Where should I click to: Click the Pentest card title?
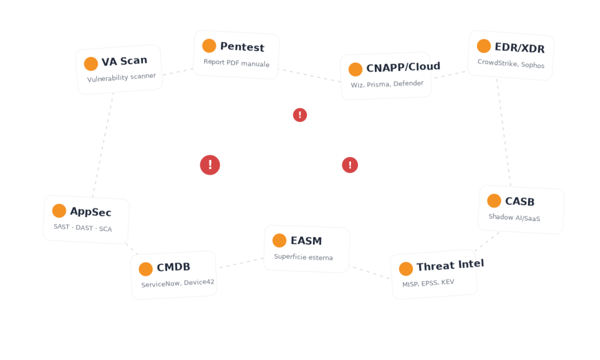[x=242, y=47]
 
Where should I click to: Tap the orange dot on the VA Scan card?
[x=91, y=63]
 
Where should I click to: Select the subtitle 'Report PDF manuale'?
[x=237, y=63]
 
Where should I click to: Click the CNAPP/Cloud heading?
[x=403, y=67]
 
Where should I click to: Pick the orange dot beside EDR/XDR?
[x=483, y=46]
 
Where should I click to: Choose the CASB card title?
[x=520, y=201]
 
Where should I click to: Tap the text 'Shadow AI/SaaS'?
[x=514, y=218]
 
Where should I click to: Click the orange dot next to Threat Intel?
[x=405, y=269]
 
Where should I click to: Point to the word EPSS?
[x=429, y=283]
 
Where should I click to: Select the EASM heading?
[x=306, y=240]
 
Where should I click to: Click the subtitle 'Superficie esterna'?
[x=304, y=257]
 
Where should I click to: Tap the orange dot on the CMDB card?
[x=145, y=269]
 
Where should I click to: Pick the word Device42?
[x=199, y=282]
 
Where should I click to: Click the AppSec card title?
[x=91, y=212]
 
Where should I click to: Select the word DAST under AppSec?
[x=84, y=228]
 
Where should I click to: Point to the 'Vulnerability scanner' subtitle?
[x=121, y=77]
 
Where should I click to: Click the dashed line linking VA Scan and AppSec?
[x=103, y=145]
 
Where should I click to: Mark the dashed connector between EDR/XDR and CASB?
[x=503, y=133]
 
